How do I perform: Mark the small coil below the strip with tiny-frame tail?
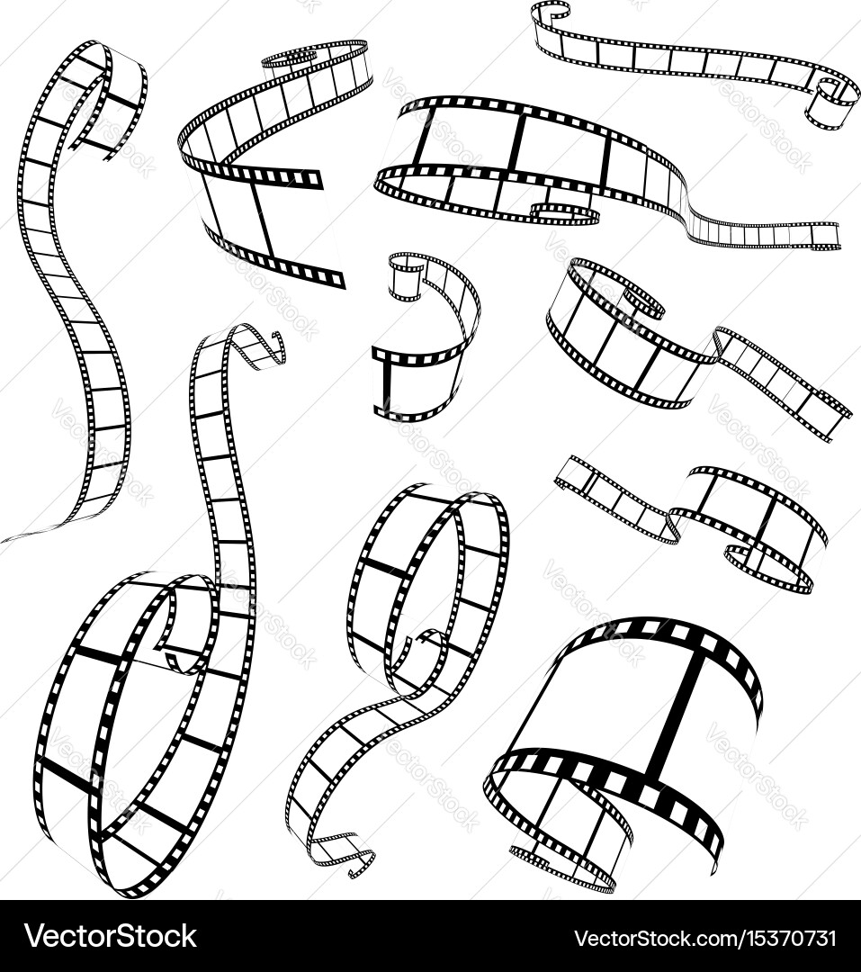[567, 212]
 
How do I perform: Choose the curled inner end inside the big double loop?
[184, 634]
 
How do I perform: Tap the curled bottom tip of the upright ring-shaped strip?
[346, 855]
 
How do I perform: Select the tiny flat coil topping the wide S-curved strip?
[288, 58]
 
